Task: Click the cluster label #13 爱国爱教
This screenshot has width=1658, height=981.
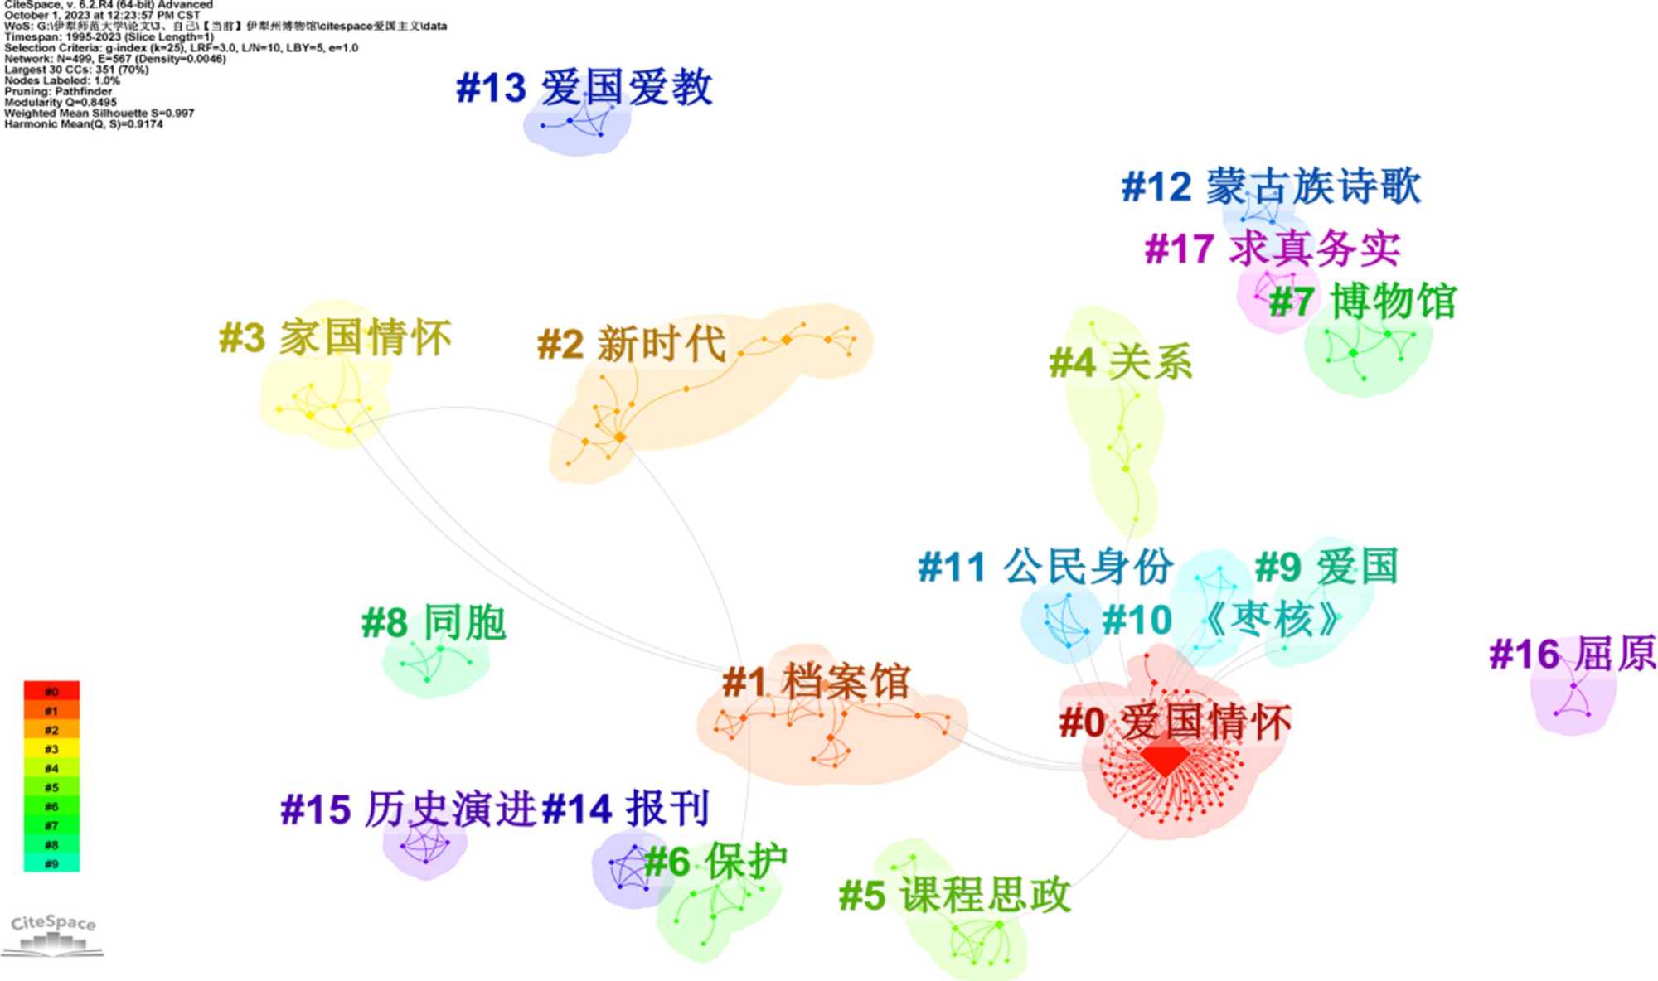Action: (584, 88)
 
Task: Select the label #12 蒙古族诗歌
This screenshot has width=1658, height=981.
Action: (1271, 186)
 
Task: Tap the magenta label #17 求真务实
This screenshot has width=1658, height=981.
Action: (1273, 249)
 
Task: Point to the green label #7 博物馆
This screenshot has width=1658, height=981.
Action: (1362, 301)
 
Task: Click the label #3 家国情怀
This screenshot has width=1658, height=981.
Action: (335, 338)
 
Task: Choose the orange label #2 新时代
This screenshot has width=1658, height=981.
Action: (632, 344)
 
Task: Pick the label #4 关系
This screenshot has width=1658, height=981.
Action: (1121, 362)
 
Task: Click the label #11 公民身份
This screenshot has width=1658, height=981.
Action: (1045, 568)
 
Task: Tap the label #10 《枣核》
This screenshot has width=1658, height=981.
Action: (1222, 620)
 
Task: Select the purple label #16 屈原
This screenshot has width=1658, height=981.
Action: (1573, 655)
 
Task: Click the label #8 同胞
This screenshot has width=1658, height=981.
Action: (434, 623)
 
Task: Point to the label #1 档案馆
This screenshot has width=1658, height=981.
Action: (817, 682)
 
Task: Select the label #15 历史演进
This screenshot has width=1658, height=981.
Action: (409, 809)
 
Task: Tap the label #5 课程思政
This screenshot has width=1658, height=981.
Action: (955, 896)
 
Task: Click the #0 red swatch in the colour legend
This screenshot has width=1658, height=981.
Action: (51, 691)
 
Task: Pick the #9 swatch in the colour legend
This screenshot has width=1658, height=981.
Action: (51, 863)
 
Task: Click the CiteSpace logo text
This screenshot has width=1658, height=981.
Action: (53, 923)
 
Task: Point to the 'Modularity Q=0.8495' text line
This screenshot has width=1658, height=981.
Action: (61, 103)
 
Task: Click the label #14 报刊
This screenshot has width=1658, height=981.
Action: (626, 809)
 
